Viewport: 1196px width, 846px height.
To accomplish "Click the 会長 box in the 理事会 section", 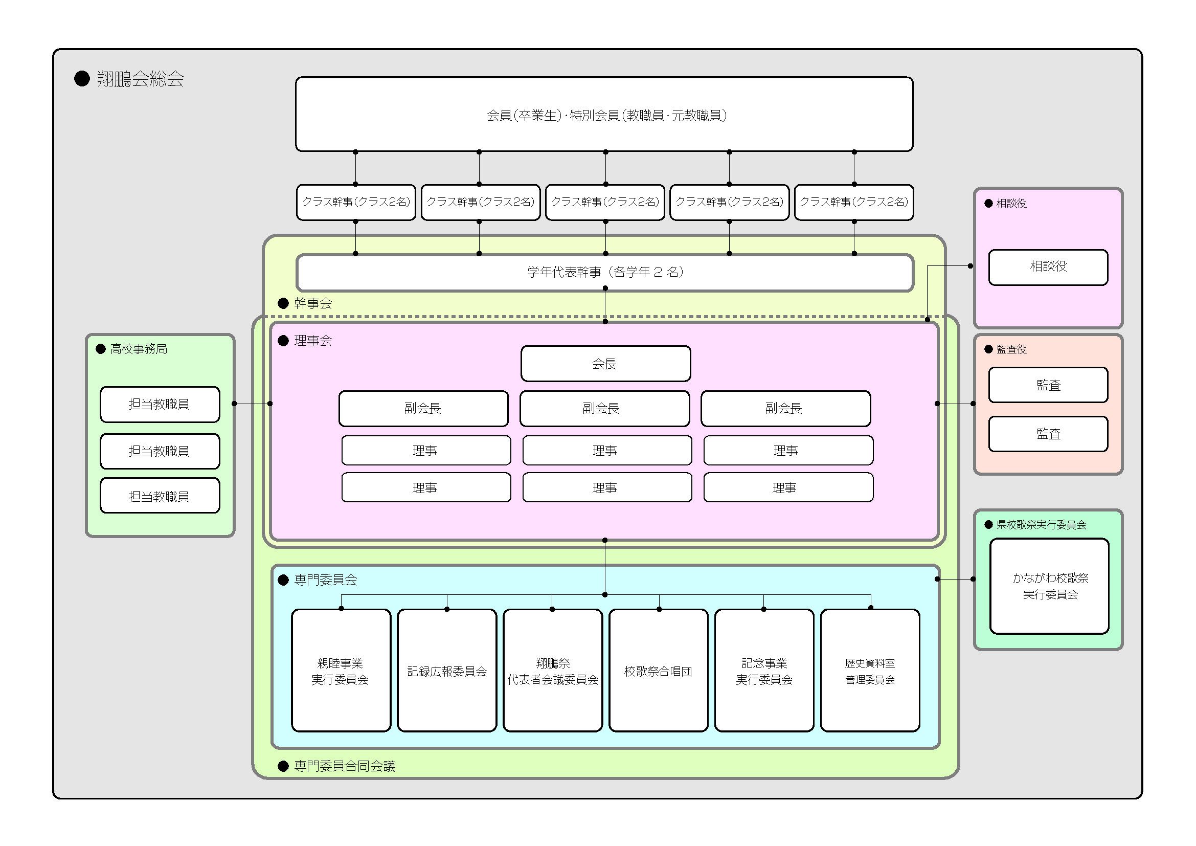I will coord(605,364).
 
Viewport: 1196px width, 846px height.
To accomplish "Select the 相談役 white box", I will coord(1048,266).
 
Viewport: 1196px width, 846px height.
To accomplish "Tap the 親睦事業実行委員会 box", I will coord(341,671).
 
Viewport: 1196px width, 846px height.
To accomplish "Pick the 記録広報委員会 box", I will coord(446,671).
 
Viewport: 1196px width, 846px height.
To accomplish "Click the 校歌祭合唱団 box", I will coord(658,671).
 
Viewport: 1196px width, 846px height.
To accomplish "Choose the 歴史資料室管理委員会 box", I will coord(869,671).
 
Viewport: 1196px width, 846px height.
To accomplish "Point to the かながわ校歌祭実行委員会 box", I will coord(1049,586).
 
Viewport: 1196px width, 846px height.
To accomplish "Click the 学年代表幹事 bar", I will coord(604,272).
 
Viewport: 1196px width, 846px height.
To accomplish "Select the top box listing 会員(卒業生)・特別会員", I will coord(604,115).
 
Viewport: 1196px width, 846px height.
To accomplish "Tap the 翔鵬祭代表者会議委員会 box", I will coord(552,671).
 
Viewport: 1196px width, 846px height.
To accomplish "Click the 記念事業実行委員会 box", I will coord(763,671).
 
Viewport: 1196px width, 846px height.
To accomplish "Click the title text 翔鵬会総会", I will coord(140,79).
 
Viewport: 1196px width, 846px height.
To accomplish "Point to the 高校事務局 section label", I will coord(139,349).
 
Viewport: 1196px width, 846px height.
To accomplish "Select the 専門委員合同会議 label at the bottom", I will coord(344,766).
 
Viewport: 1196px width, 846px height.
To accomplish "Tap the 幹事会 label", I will coord(312,303).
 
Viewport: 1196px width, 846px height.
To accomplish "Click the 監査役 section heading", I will coord(1011,349).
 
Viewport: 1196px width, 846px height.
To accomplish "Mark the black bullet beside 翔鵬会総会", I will coord(82,79).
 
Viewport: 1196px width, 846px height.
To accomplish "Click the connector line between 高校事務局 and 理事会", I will coord(252,404).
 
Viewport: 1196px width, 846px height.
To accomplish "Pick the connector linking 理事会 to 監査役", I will coord(955,404).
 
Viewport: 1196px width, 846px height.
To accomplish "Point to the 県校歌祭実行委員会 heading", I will coord(1041,525).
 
